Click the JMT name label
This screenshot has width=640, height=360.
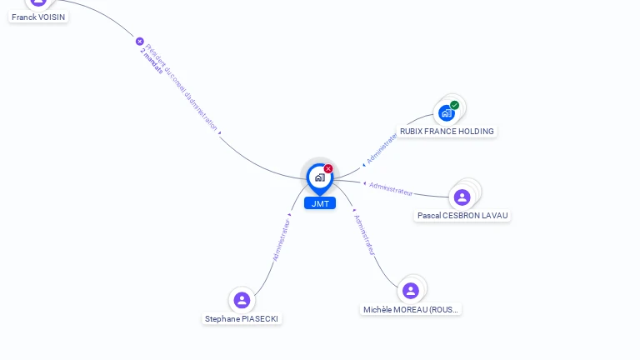pyautogui.click(x=320, y=203)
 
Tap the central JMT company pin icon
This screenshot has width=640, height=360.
pyautogui.click(x=319, y=177)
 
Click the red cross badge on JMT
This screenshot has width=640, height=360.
pyautogui.click(x=328, y=169)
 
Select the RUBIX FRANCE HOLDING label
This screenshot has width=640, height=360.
pyautogui.click(x=447, y=132)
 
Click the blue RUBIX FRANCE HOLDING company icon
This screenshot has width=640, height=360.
pyautogui.click(x=447, y=112)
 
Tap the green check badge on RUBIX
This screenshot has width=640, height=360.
pyautogui.click(x=454, y=105)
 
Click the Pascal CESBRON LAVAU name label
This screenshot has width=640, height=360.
pyautogui.click(x=462, y=216)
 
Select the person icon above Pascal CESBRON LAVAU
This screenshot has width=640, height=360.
pyautogui.click(x=462, y=197)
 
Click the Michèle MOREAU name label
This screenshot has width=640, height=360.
pyautogui.click(x=411, y=310)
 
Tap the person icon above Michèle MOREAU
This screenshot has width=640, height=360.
pyautogui.click(x=410, y=291)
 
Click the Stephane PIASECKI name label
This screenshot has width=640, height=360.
pyautogui.click(x=242, y=319)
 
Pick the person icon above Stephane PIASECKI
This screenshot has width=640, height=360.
pyautogui.click(x=242, y=300)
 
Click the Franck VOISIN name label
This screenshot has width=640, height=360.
pyautogui.click(x=38, y=17)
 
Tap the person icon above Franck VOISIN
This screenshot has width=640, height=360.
pyautogui.click(x=38, y=2)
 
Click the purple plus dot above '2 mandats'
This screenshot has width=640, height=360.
pyautogui.click(x=139, y=42)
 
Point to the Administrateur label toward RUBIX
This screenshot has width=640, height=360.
pyautogui.click(x=382, y=147)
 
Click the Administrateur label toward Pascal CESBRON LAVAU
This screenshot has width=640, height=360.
pyautogui.click(x=391, y=188)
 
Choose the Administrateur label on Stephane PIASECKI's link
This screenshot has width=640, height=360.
pyautogui.click(x=282, y=240)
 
